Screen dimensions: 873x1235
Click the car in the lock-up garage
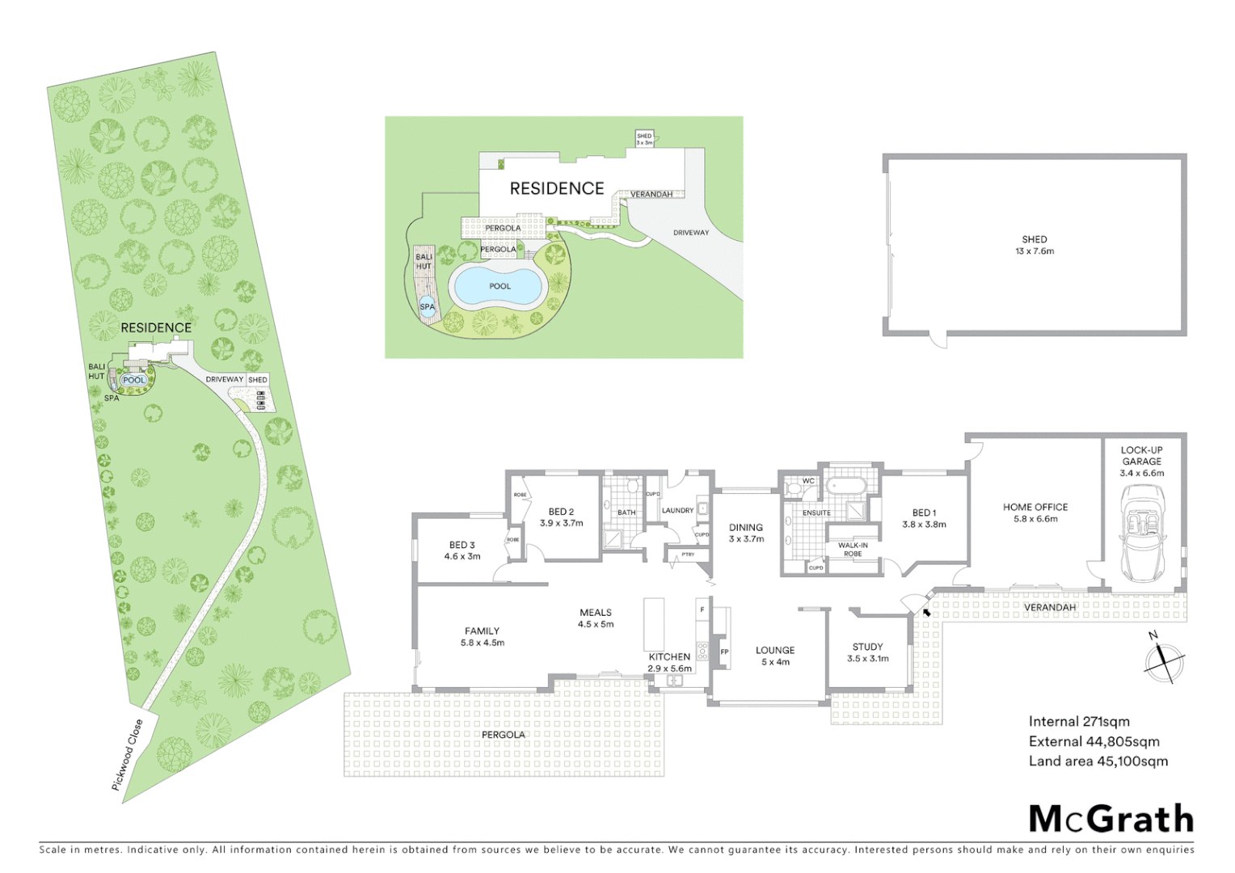(1141, 533)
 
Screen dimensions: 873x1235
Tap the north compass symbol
(1164, 660)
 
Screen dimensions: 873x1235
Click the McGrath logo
(1111, 819)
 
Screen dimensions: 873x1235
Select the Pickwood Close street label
(128, 754)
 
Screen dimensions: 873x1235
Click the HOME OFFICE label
(1035, 512)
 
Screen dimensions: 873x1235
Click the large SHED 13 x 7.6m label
(1035, 245)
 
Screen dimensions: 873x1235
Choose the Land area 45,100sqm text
(1098, 761)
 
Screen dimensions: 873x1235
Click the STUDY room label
(867, 652)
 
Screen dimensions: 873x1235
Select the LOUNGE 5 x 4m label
(775, 656)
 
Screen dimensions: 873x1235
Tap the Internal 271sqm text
(1079, 722)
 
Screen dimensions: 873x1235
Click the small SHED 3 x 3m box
(644, 139)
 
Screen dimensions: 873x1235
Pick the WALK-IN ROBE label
(853, 550)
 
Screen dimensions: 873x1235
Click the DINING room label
(746, 533)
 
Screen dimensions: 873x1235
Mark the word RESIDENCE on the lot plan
(156, 327)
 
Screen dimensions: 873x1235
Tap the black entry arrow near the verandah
(925, 612)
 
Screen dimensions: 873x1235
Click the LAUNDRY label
(677, 510)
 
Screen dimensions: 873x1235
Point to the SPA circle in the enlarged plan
(427, 306)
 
